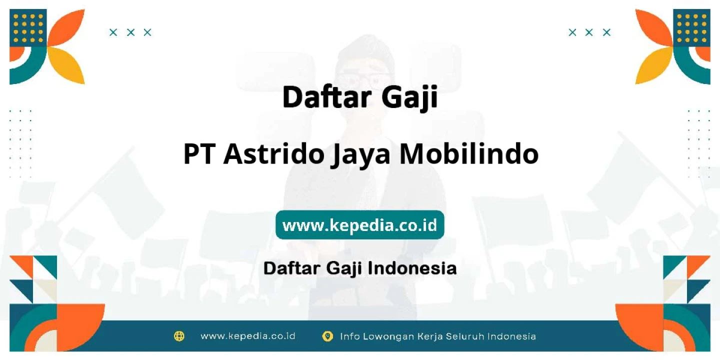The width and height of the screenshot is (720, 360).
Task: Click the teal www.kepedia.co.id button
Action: [x=359, y=224]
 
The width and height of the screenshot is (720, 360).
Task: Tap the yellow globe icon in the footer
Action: [x=179, y=336]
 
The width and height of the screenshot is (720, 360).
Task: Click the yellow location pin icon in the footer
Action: [x=327, y=336]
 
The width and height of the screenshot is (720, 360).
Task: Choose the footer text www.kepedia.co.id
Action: [x=248, y=336]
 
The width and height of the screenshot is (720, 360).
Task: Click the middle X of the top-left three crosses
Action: [x=130, y=32]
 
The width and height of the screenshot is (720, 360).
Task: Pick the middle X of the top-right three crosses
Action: [x=589, y=32]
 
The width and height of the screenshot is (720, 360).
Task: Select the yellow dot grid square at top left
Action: [x=28, y=28]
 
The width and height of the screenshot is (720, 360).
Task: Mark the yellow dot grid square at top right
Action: [x=691, y=28]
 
